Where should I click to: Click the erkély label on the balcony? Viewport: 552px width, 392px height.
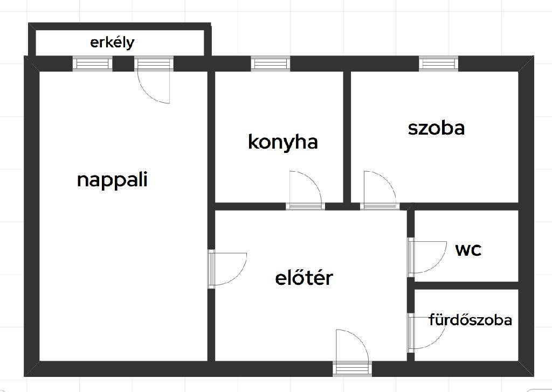[112, 43]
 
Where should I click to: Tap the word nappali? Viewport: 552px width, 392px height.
[112, 180]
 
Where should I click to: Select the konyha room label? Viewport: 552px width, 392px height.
[282, 142]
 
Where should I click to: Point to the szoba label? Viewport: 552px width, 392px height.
[436, 128]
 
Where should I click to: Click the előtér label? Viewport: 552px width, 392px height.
[304, 277]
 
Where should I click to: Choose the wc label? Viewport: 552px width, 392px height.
[468, 250]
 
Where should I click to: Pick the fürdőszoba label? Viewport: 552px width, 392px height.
[470, 320]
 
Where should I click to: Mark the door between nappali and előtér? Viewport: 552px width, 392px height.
[211, 269]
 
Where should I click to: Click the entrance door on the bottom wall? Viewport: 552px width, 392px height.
[352, 369]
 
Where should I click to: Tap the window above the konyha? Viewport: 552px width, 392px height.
[271, 64]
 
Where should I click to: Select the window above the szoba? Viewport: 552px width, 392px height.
[439, 64]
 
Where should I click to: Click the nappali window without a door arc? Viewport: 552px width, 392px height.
[93, 64]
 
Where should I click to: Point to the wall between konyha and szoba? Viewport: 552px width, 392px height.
[347, 137]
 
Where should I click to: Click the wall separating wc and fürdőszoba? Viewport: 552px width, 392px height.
[466, 285]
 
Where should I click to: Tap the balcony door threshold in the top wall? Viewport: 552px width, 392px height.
[154, 64]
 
